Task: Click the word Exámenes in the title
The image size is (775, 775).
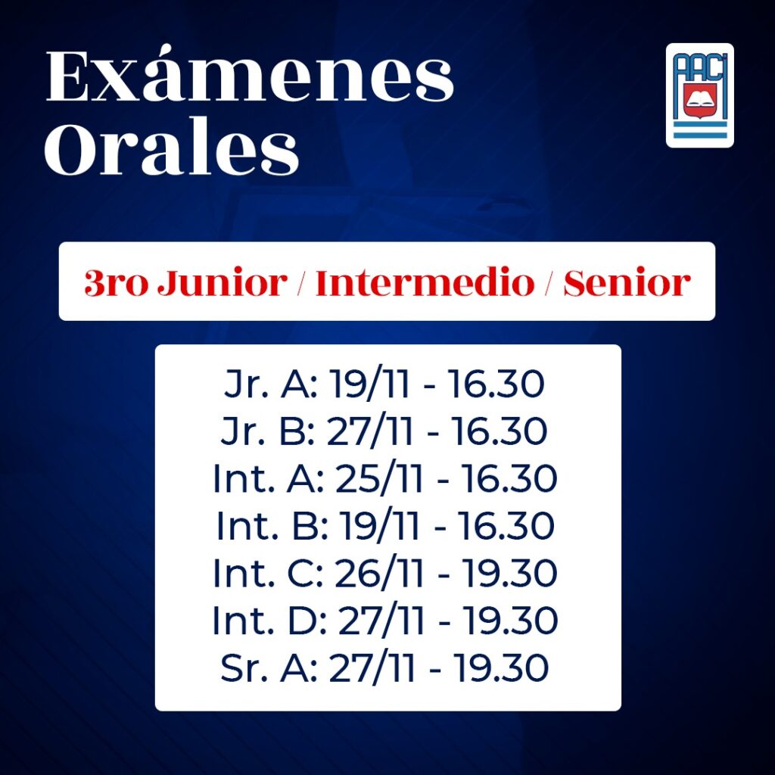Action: tap(250, 76)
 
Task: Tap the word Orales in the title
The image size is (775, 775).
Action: tap(172, 148)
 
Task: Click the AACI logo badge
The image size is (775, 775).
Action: tap(699, 95)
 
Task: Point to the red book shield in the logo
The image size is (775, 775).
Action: tap(699, 99)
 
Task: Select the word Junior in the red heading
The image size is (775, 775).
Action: tap(223, 283)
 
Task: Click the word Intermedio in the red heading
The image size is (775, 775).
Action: tap(425, 283)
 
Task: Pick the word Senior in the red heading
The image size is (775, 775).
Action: tap(627, 283)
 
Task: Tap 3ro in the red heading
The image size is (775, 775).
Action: tap(116, 283)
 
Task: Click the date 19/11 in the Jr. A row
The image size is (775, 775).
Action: tap(369, 384)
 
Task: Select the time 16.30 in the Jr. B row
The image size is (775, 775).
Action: tap(500, 431)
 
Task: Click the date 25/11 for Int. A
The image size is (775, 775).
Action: tap(379, 478)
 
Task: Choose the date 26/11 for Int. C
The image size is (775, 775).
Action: tap(379, 573)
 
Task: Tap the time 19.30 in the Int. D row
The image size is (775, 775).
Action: tap(510, 620)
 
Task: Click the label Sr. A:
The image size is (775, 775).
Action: tap(269, 668)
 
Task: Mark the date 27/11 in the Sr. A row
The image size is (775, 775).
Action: tap(372, 668)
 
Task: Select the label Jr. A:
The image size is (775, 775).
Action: tap(271, 384)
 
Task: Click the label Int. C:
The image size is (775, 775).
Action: tap(269, 573)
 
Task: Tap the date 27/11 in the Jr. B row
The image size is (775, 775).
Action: tap(369, 431)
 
